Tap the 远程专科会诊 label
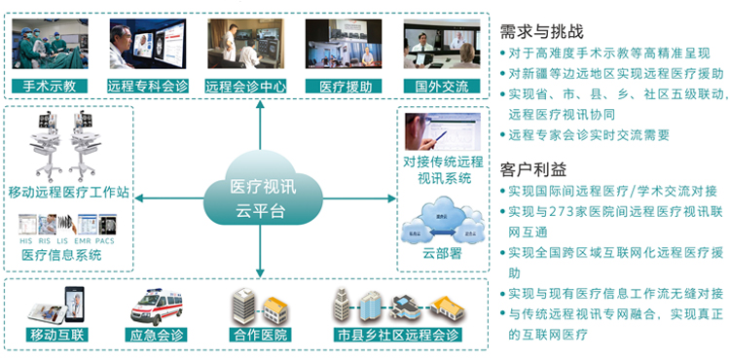point(147,86)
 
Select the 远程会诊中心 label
point(245,86)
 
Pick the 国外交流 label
point(442,86)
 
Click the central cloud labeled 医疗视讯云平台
point(259,195)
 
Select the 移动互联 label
point(55,335)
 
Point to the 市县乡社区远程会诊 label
point(396,335)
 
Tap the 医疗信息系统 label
point(61,255)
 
